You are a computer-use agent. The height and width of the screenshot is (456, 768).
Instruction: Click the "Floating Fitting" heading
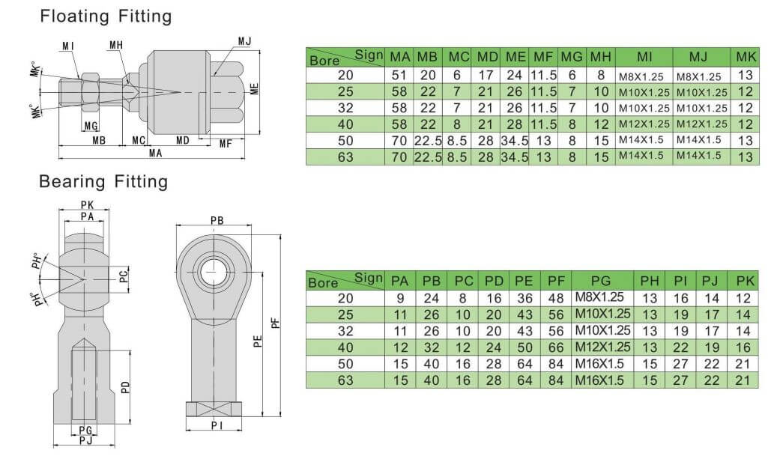coord(106,16)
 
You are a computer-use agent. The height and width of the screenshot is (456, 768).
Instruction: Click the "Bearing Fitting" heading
coord(103,181)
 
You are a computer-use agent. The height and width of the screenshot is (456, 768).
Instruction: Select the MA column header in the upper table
coord(400,57)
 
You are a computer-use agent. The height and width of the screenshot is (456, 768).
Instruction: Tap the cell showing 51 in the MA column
coord(400,75)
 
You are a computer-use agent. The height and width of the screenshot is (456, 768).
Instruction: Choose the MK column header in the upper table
coord(745,57)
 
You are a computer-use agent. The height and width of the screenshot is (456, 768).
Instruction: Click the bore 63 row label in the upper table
coord(345,156)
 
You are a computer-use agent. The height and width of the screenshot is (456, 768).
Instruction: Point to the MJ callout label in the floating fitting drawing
coord(245,40)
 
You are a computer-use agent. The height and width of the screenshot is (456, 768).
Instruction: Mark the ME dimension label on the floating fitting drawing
coord(255,89)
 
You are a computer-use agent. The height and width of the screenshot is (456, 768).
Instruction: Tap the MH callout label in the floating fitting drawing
coord(116,46)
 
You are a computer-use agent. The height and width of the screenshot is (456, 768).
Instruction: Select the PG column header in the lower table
coord(602,281)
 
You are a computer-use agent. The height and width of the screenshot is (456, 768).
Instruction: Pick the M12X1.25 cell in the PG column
coord(602,347)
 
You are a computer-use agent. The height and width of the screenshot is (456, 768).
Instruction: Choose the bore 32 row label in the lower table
coord(345,331)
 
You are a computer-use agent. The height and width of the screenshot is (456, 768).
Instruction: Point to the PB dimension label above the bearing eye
coord(217,221)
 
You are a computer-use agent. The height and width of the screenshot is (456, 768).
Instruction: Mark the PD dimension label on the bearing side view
coord(125,388)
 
